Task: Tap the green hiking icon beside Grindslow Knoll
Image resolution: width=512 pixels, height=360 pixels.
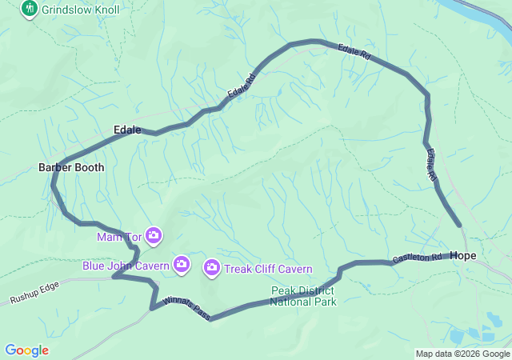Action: [30, 9]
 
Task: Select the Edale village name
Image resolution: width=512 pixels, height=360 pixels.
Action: [127, 130]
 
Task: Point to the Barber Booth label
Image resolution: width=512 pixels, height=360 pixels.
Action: [71, 167]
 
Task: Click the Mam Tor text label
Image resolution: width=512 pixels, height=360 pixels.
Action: [118, 237]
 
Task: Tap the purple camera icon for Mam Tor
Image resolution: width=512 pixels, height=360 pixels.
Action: [154, 236]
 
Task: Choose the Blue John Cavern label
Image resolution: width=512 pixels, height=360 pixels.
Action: [126, 265]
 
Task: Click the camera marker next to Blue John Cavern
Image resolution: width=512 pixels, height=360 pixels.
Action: [182, 264]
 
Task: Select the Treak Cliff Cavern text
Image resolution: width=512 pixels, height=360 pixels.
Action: [268, 269]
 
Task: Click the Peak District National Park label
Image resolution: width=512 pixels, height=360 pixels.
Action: [303, 296]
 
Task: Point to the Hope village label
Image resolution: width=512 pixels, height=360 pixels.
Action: [463, 255]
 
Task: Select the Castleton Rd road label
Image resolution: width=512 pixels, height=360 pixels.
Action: [417, 258]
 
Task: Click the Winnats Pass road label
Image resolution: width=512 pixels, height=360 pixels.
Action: [186, 309]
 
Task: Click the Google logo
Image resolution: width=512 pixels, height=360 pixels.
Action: [26, 350]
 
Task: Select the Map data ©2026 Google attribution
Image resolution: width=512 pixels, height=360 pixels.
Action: [462, 354]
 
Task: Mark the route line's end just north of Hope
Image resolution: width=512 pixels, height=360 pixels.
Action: [459, 226]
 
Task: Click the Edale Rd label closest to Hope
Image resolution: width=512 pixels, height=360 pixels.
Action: [432, 164]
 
